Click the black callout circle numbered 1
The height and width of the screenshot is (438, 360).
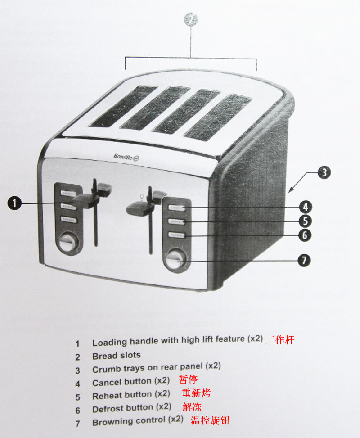(14, 203)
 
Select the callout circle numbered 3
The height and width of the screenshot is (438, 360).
(324, 172)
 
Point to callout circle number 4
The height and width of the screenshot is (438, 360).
(305, 207)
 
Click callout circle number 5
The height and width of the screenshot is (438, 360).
(305, 221)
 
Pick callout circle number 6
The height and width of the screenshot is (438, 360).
(305, 235)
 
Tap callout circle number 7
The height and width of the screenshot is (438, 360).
(305, 261)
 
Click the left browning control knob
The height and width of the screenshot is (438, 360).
(67, 243)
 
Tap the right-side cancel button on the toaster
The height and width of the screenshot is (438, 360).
(176, 208)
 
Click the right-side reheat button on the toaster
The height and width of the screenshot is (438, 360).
(176, 221)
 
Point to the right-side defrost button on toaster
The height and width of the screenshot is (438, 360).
(176, 235)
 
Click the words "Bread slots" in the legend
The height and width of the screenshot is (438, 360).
(117, 356)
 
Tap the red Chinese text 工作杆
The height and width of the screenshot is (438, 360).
(279, 340)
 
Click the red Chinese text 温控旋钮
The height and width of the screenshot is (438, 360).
(210, 420)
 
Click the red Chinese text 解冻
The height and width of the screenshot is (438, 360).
(192, 407)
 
